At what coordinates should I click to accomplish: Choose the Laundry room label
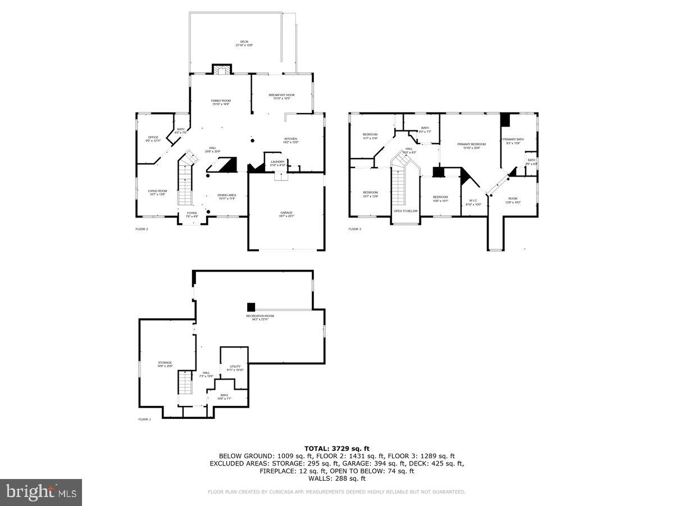coord(278,163)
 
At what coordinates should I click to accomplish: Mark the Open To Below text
coord(405,211)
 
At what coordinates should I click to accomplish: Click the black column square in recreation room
coord(251,307)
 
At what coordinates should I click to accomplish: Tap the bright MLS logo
coord(41,493)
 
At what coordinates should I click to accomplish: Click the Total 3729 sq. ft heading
coord(336,448)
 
